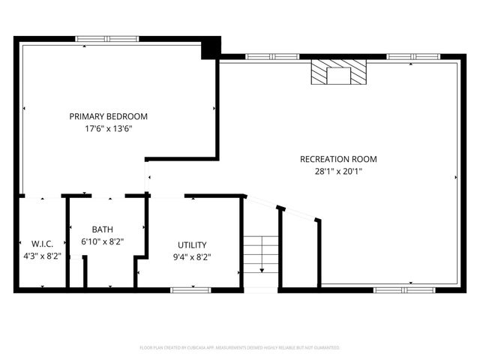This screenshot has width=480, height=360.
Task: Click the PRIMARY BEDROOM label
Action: coord(108,116)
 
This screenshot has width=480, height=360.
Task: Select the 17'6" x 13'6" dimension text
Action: coord(108,128)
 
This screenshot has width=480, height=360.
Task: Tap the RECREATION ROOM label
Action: coord(337,159)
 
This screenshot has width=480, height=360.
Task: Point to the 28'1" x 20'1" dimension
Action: coord(337,171)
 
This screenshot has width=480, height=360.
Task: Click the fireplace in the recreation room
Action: coord(340,73)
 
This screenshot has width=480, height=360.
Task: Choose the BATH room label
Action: coord(103,229)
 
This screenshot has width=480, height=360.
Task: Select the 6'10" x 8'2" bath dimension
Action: coord(103,241)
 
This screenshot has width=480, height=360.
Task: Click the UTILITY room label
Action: coord(192,245)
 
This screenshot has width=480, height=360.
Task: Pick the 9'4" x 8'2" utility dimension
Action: coord(192,257)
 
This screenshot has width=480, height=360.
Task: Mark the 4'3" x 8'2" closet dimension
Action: coord(41,256)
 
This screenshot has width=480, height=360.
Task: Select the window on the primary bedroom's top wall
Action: coord(107,39)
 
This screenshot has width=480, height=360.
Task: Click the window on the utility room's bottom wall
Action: coord(191,289)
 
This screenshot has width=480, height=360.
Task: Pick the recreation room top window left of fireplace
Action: coord(271,56)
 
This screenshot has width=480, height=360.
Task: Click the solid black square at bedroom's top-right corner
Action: coord(211,46)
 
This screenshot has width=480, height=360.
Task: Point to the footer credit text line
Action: coord(240,348)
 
